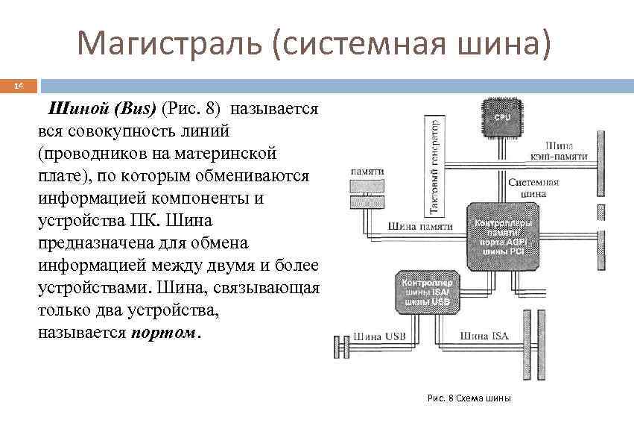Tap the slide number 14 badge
pyautogui.click(x=19, y=87)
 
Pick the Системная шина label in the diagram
pyautogui.click(x=533, y=187)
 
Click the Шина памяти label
pyautogui.click(x=420, y=226)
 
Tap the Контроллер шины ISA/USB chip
pyautogui.click(x=426, y=292)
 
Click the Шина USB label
pyautogui.click(x=378, y=336)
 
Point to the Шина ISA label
pyautogui.click(x=484, y=336)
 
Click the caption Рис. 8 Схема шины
pyautogui.click(x=469, y=398)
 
